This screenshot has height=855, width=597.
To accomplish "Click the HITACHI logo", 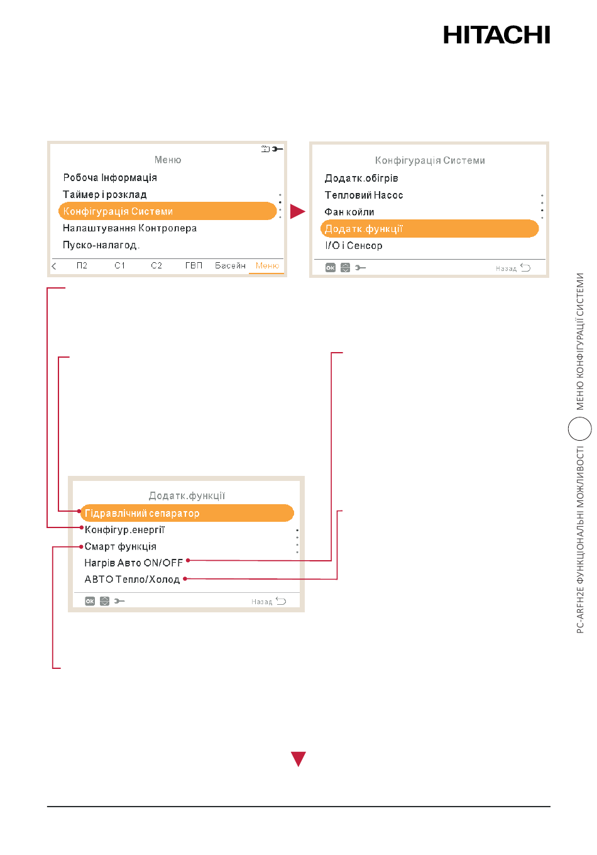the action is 496,35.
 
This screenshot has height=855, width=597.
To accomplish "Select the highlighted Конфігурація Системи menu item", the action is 167,211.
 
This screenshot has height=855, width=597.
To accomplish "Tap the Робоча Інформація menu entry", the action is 110,177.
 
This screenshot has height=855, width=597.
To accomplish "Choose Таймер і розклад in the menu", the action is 104,195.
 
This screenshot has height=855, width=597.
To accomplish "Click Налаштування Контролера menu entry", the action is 129,228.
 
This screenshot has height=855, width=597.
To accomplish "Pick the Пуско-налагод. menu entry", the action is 101,245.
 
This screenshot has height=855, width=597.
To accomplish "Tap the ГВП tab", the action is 194,265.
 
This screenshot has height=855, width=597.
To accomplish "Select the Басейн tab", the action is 230,265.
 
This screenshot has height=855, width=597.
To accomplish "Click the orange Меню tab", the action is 267,265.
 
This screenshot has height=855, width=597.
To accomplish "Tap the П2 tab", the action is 82,265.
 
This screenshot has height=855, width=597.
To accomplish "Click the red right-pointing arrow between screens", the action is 297,211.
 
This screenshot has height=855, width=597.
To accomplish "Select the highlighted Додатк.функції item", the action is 429,229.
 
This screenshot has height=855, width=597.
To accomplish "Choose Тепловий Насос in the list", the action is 363,196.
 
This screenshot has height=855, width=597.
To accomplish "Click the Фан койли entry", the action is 349,212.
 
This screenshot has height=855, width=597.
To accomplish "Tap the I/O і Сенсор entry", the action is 353,246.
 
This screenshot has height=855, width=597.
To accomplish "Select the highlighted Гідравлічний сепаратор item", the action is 187,513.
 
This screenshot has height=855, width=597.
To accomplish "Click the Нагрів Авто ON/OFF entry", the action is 133,563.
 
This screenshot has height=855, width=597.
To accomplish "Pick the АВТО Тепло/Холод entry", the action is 132,580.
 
